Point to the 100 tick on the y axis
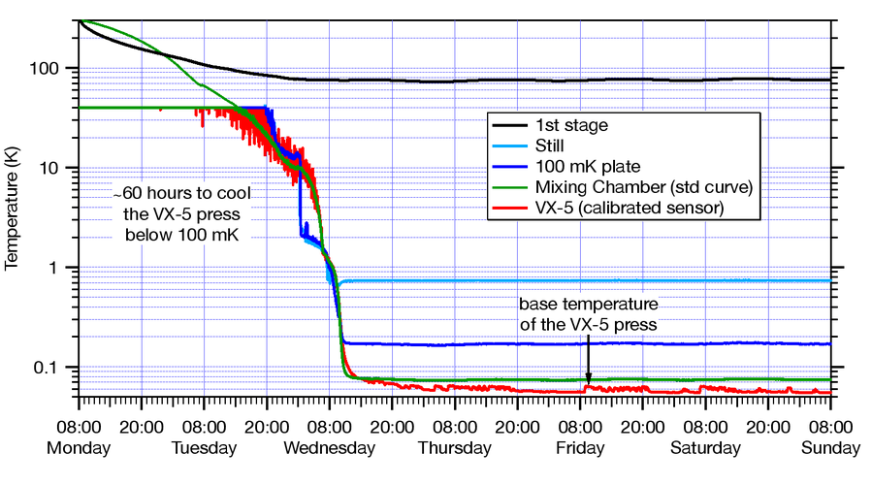(x=49, y=69)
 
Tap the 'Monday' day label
(x=80, y=448)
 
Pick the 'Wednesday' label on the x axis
(x=329, y=448)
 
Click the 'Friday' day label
(x=580, y=448)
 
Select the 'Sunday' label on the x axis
(x=831, y=448)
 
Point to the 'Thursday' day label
(x=455, y=448)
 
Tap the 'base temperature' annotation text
(x=588, y=307)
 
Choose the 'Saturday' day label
(x=705, y=448)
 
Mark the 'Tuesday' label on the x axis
(x=205, y=448)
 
